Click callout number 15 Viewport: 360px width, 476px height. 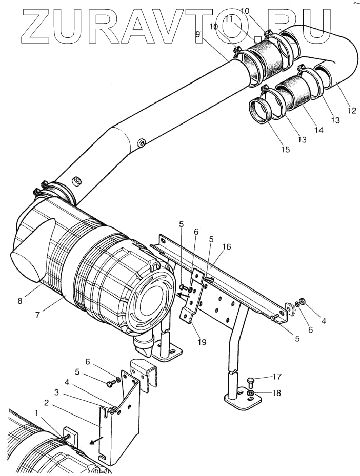point(285,149)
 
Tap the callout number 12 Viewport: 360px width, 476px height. point(352,111)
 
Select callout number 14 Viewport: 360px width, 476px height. point(319,130)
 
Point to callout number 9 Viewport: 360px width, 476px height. point(198,34)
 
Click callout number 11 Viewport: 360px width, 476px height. point(229,19)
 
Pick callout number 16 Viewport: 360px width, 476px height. point(226,246)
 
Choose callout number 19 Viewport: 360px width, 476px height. point(202,342)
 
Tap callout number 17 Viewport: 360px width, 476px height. point(277,377)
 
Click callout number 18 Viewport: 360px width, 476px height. point(277,393)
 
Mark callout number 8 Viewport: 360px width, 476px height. point(21,302)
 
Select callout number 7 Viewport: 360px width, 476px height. point(37,315)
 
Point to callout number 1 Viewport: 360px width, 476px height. point(36,413)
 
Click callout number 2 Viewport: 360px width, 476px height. point(46,403)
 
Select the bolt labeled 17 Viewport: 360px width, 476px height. point(251,381)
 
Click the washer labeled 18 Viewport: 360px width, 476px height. point(251,394)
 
